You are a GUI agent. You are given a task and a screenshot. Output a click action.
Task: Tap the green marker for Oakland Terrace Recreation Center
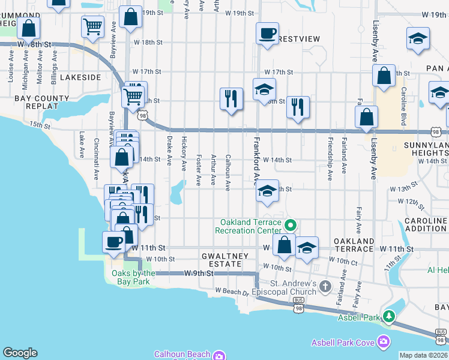pos(291,226)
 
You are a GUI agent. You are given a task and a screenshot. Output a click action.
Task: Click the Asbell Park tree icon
pos(389,316)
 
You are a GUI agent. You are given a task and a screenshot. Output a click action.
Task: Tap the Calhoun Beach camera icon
pos(219,355)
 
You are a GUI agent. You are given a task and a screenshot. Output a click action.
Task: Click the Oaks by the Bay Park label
pos(134,277)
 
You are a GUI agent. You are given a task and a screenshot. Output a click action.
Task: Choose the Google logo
pos(20,353)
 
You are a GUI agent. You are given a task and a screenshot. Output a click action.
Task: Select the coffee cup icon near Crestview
pos(267,33)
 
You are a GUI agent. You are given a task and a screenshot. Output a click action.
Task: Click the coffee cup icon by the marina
pos(113,242)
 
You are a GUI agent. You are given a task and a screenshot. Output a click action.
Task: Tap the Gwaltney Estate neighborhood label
pos(225,260)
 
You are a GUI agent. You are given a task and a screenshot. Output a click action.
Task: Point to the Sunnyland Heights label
pos(425,149)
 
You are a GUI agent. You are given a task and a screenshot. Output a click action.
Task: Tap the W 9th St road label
pos(199,273)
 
